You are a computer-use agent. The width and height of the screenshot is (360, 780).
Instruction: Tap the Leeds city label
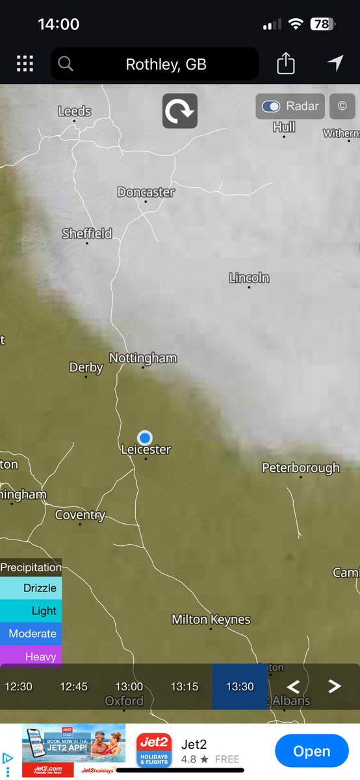click(x=75, y=111)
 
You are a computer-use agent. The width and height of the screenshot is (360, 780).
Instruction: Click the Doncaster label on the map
click(x=146, y=192)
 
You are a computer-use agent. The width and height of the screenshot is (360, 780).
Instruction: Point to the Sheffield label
click(x=87, y=233)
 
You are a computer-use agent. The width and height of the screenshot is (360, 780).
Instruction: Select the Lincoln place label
click(x=249, y=278)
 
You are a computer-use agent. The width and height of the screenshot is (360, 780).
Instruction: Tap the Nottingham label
click(x=143, y=358)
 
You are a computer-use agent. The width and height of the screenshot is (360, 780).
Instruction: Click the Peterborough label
click(x=300, y=467)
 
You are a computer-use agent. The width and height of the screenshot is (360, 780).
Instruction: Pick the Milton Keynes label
click(x=211, y=619)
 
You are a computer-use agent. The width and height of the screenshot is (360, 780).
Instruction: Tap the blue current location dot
click(x=145, y=437)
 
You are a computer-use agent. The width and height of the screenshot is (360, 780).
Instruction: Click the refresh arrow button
click(x=180, y=111)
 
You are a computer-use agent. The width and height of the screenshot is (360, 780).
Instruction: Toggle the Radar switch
click(x=271, y=107)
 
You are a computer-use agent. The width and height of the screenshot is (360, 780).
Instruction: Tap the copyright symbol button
click(x=342, y=107)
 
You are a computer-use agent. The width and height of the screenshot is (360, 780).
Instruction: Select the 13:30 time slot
click(x=240, y=686)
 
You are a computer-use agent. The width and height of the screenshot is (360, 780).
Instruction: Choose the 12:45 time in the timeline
click(x=73, y=686)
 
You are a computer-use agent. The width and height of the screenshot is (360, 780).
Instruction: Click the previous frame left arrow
click(x=293, y=686)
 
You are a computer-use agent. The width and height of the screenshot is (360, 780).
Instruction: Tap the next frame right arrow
click(x=335, y=686)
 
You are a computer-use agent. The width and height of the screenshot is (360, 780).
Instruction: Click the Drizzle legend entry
click(x=31, y=588)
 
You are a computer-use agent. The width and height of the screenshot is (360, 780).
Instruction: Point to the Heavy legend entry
click(x=31, y=656)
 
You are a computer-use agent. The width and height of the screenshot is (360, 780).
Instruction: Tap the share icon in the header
click(x=286, y=64)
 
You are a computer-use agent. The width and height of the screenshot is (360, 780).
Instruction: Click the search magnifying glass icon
click(x=65, y=64)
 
